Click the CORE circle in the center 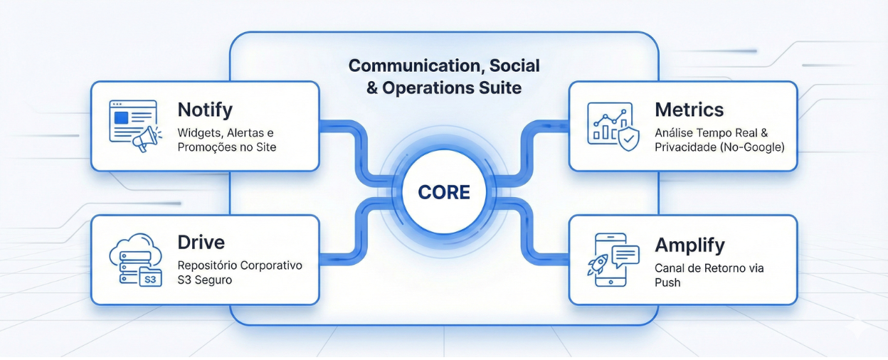point(443,192)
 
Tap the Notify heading point(205,110)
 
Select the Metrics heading point(689,110)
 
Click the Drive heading point(201,242)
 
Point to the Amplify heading point(689,245)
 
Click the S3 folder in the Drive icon point(151,276)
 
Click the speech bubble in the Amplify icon point(625,256)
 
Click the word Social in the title point(514,66)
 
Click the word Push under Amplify point(667,282)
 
